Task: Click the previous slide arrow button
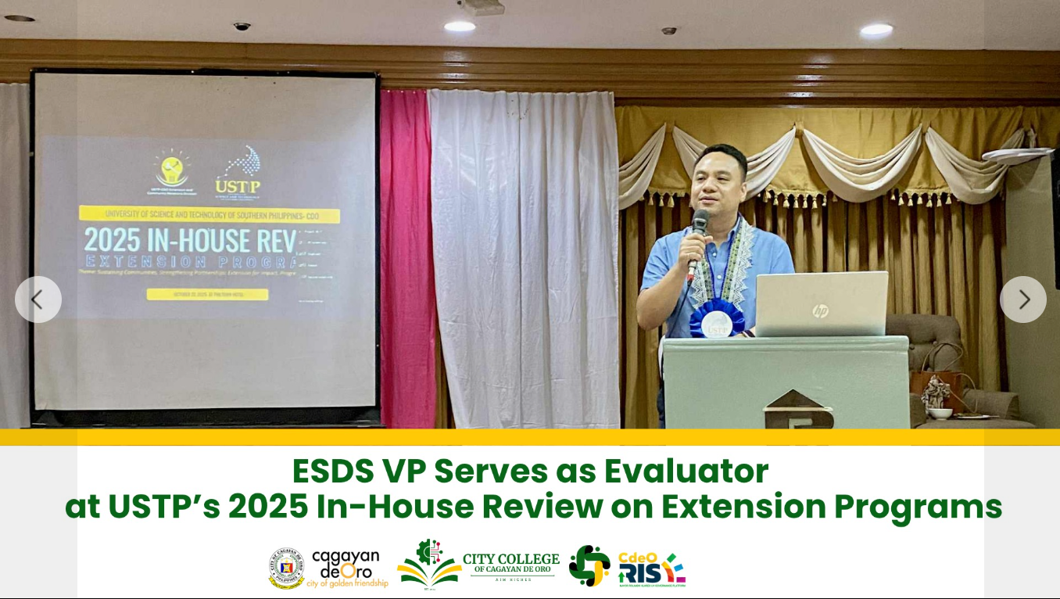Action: coord(38,299)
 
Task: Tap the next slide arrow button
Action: coord(1022,299)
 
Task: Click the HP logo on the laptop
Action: coord(820,311)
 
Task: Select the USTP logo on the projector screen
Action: coord(240,172)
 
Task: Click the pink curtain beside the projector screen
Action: coord(406,258)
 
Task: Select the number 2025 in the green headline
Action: coord(268,507)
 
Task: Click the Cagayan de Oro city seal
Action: coord(286,568)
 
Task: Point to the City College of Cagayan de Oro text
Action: coord(510,564)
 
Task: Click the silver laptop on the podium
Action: coord(821,304)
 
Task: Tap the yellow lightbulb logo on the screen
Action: coord(172,167)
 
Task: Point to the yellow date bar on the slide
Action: coord(207,295)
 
